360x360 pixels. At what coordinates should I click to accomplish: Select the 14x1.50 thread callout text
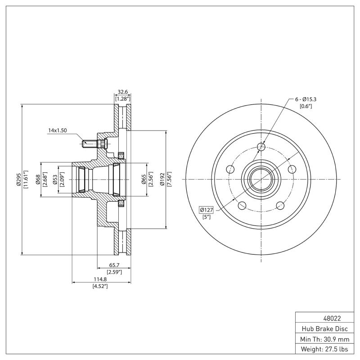click(x=58, y=130)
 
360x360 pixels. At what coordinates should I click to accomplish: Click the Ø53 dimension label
click(x=54, y=179)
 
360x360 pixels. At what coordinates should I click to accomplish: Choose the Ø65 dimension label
click(x=144, y=179)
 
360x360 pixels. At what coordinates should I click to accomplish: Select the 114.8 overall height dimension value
click(x=99, y=279)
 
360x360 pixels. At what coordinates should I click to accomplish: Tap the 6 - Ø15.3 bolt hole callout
click(x=306, y=99)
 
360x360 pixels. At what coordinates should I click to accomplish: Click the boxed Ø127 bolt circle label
click(x=207, y=210)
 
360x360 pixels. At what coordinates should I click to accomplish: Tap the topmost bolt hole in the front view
click(x=261, y=146)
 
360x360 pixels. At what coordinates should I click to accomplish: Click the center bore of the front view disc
click(x=261, y=179)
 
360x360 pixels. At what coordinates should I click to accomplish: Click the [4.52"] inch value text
click(x=99, y=286)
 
